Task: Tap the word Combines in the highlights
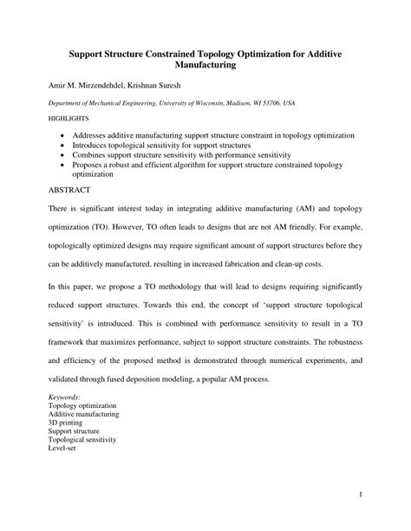click(98, 157)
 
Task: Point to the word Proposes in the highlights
click(98, 166)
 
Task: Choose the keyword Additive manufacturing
click(84, 413)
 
